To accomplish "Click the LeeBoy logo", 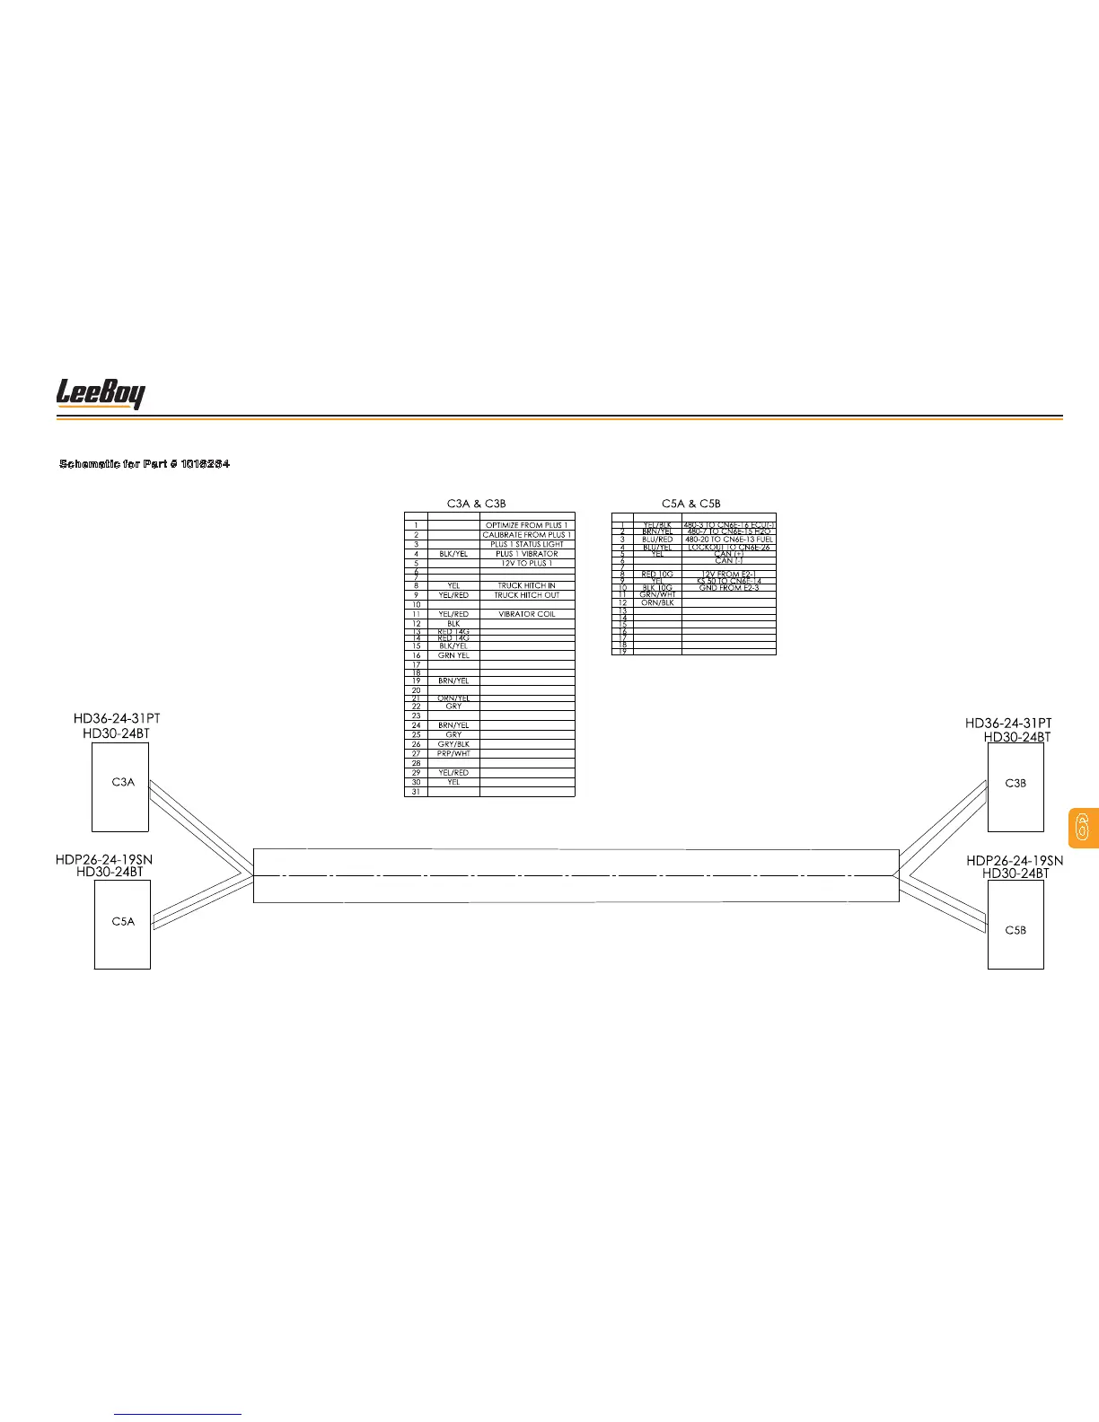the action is click(101, 393).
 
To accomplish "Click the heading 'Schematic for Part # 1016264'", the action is click(145, 463).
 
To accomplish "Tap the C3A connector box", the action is click(120, 782).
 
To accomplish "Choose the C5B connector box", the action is click(1015, 930).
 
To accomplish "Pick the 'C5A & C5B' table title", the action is click(690, 504).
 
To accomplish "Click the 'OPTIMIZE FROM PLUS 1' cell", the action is click(526, 525).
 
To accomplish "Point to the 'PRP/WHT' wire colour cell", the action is click(453, 753).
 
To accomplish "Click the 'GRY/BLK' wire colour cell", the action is click(453, 744).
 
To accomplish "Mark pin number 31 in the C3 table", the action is click(416, 792).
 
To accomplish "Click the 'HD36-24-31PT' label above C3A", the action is click(117, 719).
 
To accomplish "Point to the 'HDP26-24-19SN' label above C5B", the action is click(1014, 860).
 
